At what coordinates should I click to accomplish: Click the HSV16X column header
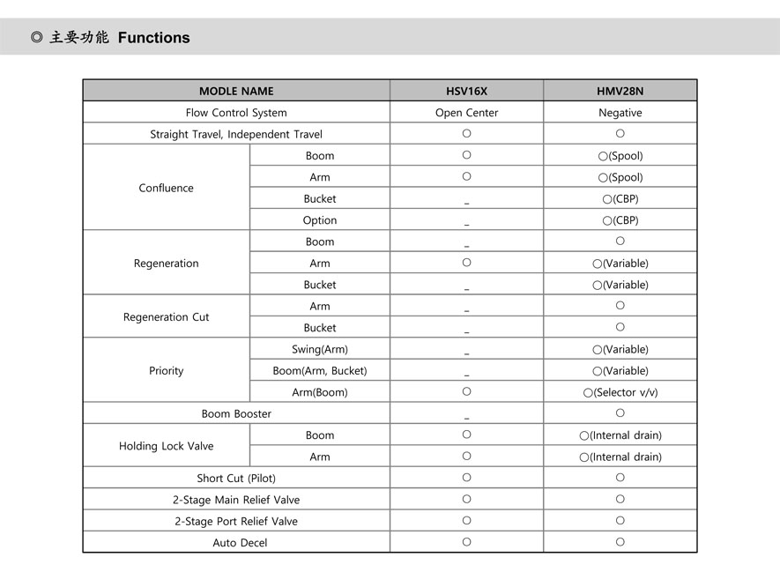click(x=466, y=91)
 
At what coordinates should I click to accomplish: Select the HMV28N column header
click(x=620, y=91)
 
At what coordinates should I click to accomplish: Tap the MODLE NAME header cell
click(x=236, y=91)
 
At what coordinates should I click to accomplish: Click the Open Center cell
click(x=466, y=113)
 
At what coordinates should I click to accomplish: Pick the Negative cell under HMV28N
click(x=620, y=113)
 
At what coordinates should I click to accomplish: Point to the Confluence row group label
click(x=166, y=188)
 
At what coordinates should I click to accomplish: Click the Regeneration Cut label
click(x=166, y=317)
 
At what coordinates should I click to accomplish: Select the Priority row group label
click(x=166, y=371)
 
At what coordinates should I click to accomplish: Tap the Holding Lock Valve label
click(x=166, y=446)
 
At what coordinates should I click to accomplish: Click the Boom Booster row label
click(x=236, y=414)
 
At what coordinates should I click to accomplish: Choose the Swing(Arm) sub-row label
click(x=320, y=350)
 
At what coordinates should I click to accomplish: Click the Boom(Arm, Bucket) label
click(x=320, y=371)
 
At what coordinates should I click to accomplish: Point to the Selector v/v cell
click(x=620, y=392)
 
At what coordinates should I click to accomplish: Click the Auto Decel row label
click(x=240, y=543)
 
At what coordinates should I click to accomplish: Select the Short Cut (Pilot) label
click(x=236, y=479)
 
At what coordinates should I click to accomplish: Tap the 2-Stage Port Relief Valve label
click(x=236, y=522)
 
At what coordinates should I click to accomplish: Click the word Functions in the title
click(x=153, y=38)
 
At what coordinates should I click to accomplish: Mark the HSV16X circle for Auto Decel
click(x=466, y=542)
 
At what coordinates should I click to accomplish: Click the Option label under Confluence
click(x=320, y=220)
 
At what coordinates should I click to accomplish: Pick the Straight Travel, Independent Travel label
click(x=236, y=135)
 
